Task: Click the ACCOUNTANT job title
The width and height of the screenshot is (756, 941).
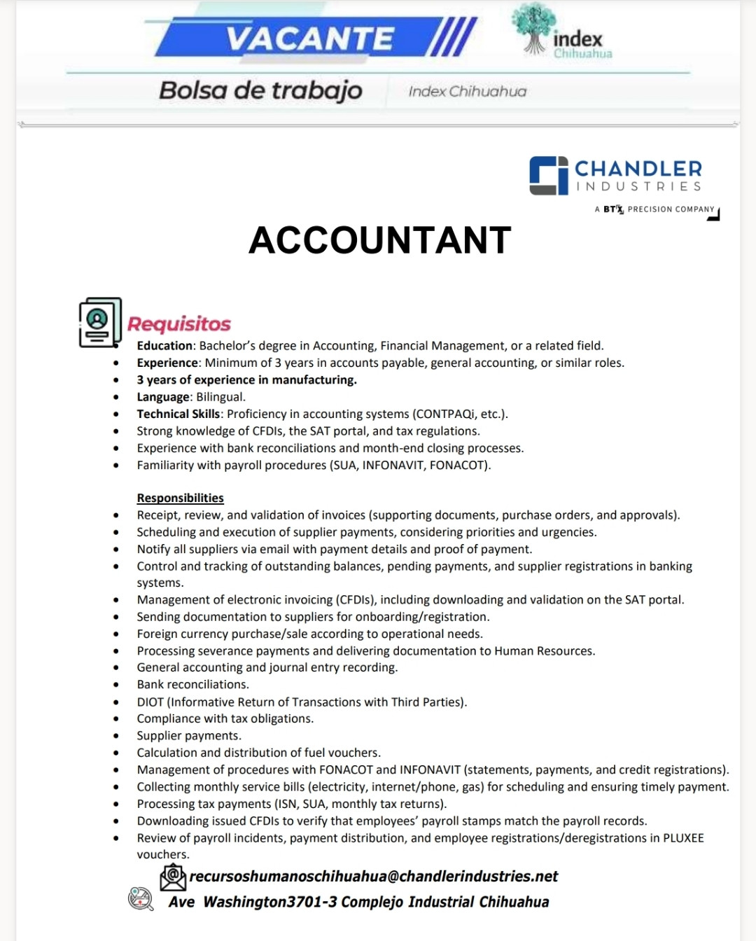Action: point(379,240)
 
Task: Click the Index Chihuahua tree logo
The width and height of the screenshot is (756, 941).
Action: point(535,28)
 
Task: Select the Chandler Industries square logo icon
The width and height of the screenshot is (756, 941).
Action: point(548,175)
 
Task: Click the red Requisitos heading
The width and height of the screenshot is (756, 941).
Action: point(179,324)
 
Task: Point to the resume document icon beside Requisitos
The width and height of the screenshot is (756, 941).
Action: point(100,323)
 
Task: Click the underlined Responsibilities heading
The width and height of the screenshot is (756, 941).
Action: point(180,498)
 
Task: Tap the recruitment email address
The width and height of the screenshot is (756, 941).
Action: point(374,877)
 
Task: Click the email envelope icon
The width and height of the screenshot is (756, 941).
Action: point(173,877)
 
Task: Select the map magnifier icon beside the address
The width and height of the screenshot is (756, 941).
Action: point(140,898)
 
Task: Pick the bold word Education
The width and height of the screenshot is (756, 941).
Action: point(164,346)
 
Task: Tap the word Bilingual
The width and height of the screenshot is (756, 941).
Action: point(220,397)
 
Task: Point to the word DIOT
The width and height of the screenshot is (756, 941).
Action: point(150,702)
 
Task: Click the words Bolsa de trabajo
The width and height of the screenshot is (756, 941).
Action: point(260,90)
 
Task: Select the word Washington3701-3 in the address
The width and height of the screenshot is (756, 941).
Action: point(270,902)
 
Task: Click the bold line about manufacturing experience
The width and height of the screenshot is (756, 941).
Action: point(246,380)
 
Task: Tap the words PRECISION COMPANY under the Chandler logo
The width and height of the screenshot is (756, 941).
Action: point(671,209)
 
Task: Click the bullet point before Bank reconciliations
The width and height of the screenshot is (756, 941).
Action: point(116,685)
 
